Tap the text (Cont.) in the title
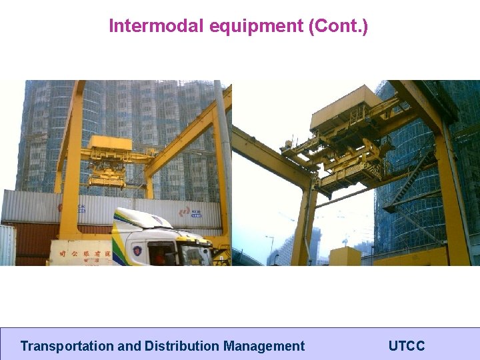(338, 26)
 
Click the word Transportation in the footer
(67, 346)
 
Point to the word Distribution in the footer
(182, 346)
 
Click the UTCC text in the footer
(407, 346)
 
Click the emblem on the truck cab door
(137, 251)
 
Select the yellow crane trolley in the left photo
(109, 160)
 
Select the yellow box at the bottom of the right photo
(345, 257)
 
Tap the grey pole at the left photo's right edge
(222, 167)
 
